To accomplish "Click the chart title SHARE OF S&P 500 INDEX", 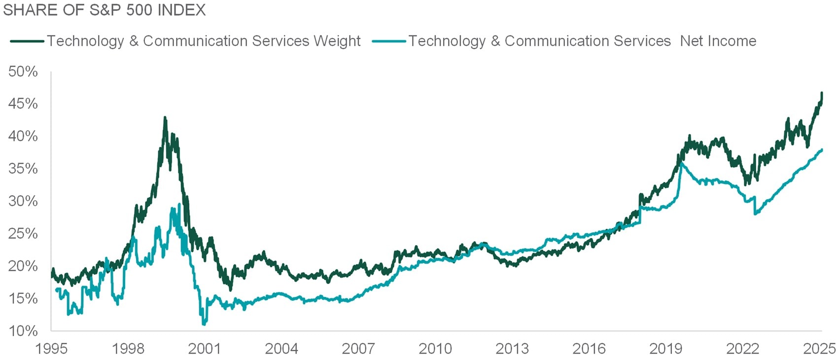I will coord(105,10).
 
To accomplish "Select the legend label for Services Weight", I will coord(204,41).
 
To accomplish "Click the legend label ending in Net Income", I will coord(582,41).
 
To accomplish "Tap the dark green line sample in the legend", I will coord(27,41).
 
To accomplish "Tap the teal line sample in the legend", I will coord(389,41).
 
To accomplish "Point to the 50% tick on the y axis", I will coord(23,72).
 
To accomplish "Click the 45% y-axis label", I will coord(23,104).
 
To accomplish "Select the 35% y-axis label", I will coord(23,169).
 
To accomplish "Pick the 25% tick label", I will coord(23,233).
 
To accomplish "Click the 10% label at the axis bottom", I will coord(23,330).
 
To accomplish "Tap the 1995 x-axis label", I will coord(51,349).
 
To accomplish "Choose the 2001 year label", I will coord(205,349).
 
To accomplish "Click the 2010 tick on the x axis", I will coord(435,349).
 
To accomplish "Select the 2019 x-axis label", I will coord(665,349).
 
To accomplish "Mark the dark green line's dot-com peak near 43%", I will coord(165,118).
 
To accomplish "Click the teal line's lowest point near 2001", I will coord(204,324).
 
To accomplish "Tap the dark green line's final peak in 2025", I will coord(822,93).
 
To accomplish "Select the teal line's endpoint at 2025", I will coord(822,150).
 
